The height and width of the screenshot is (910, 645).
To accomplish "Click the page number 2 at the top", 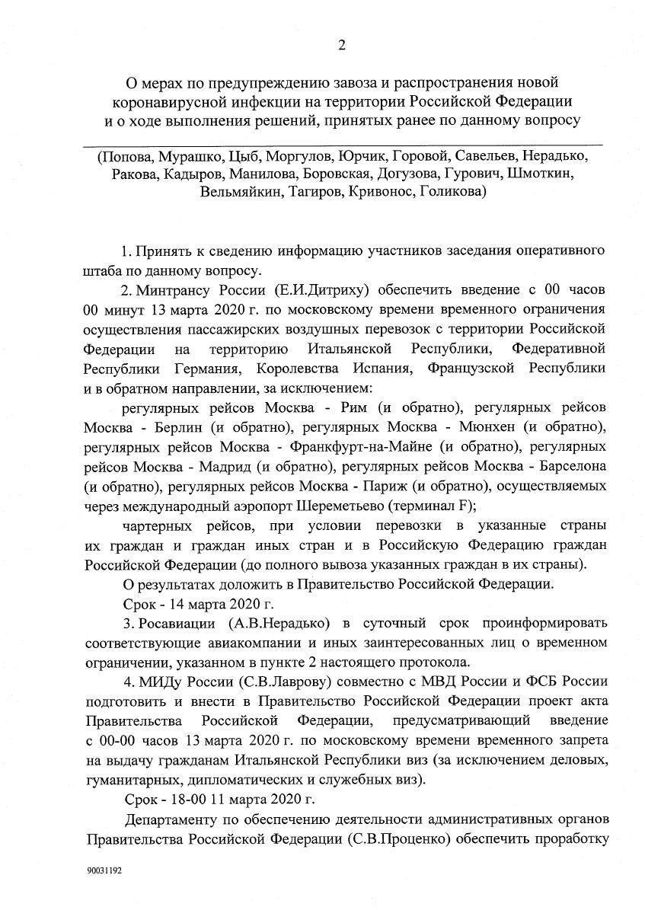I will [x=342, y=45].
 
